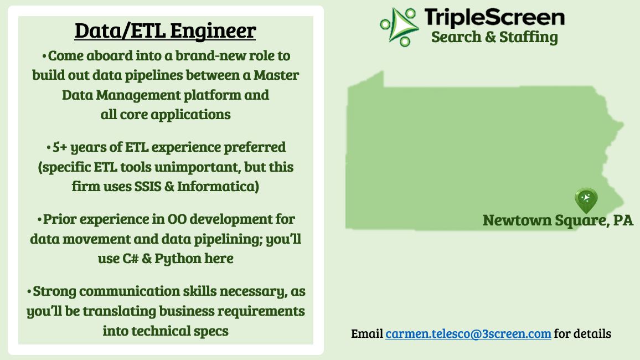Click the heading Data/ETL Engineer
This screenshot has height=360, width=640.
pos(165,31)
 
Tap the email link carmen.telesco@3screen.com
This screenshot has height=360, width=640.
pos(468,333)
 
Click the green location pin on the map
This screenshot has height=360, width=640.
pos(586,200)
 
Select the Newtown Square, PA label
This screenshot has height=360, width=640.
pos(558,220)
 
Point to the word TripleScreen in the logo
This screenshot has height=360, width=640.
pos(494,17)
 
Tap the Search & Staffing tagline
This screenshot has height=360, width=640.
pos(494,37)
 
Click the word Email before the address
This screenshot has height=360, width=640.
pos(367,333)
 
